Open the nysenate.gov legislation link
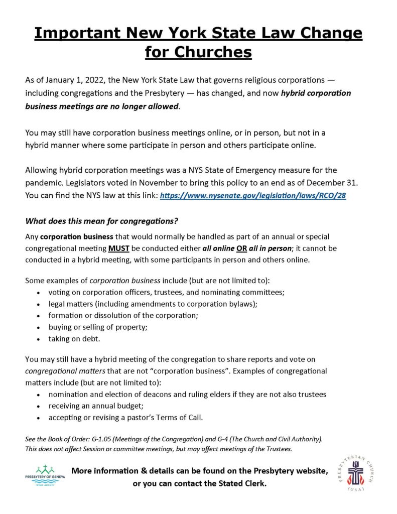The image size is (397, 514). click(253, 196)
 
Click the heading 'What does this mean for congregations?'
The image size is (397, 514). click(102, 221)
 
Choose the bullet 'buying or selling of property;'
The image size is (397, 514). click(97, 328)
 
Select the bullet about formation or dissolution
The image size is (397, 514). click(115, 316)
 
